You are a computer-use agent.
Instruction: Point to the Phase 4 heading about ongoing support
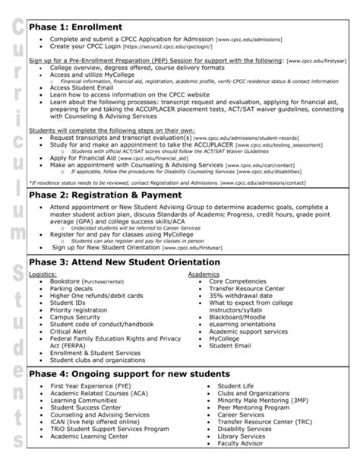[x=128, y=374]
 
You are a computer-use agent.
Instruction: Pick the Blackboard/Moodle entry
[x=238, y=317]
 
